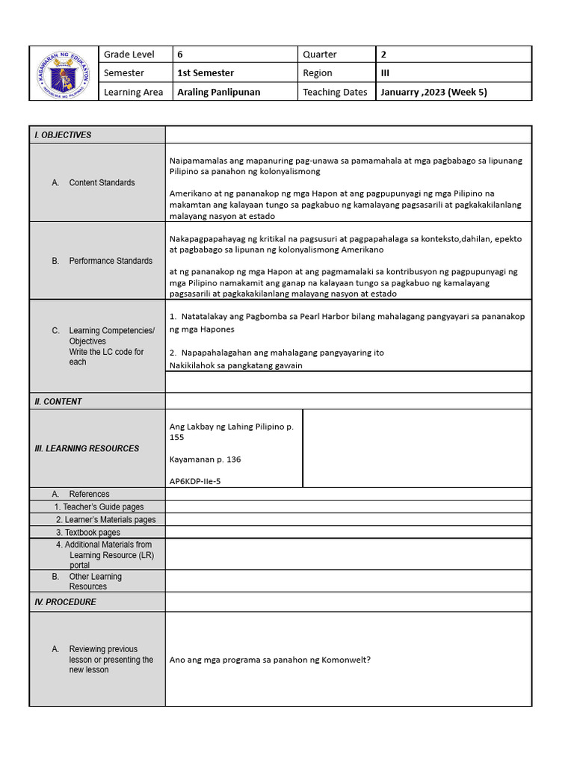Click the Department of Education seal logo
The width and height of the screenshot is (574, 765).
64,73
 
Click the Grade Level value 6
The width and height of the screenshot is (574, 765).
180,55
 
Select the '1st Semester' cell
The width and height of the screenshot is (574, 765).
206,73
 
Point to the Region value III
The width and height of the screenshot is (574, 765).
386,73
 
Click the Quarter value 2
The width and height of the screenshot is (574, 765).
383,55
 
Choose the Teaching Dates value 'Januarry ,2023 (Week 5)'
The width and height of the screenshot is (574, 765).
433,93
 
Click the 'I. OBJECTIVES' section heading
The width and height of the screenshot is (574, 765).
63,135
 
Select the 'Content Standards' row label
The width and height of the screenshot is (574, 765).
102,183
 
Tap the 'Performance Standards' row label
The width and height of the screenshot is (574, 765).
111,261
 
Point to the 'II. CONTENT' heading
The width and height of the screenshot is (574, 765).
58,402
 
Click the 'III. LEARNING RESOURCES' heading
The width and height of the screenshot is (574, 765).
87,448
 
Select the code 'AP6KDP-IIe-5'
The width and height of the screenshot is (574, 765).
195,482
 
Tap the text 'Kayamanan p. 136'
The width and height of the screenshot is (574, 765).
206,459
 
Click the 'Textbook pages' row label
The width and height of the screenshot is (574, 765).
88,533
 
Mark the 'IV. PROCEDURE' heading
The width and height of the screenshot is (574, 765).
65,602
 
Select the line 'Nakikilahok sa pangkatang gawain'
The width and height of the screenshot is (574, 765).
236,365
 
